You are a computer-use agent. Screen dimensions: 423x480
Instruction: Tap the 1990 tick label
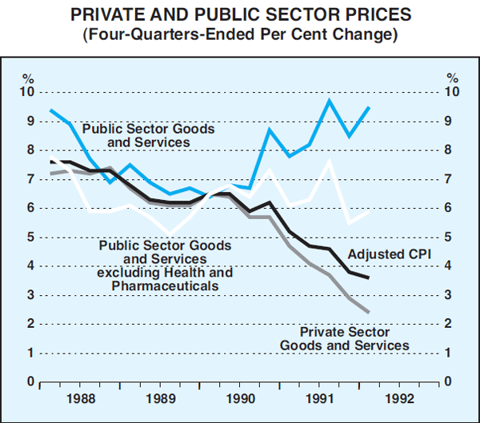point(239,397)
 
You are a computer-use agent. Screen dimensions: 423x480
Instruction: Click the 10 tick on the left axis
point(28,92)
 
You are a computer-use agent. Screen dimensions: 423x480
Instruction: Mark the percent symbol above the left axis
point(28,78)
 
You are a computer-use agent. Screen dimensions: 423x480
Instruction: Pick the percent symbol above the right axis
point(452,78)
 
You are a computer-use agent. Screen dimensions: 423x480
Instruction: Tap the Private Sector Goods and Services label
point(344,338)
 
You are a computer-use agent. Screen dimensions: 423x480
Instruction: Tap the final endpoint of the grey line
point(368,312)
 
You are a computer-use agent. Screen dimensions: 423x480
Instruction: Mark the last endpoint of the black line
point(368,277)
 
